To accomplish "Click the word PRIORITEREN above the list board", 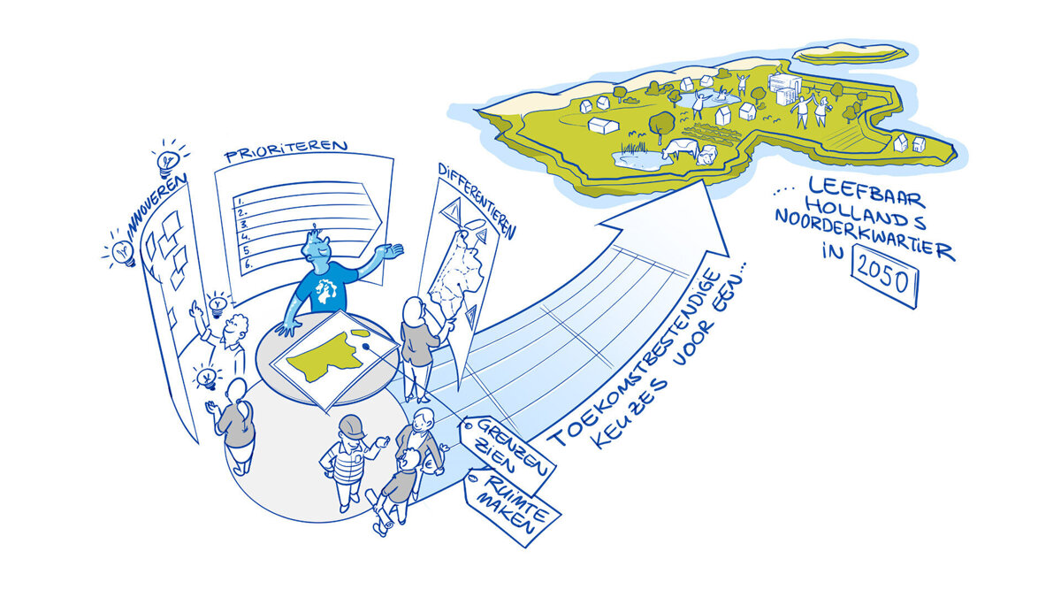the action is coord(286,150).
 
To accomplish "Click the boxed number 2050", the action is coord(884,276).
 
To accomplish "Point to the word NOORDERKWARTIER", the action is coord(865,235).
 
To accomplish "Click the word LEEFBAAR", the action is coord(866,190).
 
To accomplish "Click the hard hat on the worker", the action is coord(352,427).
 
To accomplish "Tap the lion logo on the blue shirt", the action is coord(327,290).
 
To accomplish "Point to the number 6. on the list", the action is coord(248,264).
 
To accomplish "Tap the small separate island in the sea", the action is coord(850,53).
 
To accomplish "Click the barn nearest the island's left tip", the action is coord(603,125).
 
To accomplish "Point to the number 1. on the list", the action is coord(240,201).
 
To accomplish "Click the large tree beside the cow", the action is coord(661,125).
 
